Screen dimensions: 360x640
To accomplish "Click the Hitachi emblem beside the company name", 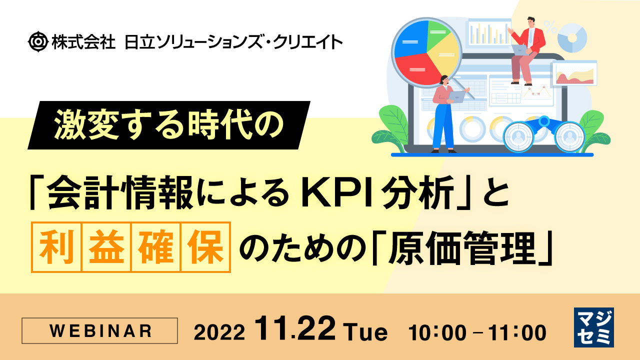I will point(38,41).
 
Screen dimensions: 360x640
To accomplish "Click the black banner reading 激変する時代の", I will point(169,125).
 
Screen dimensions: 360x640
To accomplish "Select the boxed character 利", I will point(56,247).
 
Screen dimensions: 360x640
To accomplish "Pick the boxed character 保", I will point(205,247).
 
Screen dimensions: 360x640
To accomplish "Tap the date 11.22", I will point(295,330).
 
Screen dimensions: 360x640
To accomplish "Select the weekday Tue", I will point(365,332).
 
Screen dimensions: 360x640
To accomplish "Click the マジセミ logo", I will point(593,327).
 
